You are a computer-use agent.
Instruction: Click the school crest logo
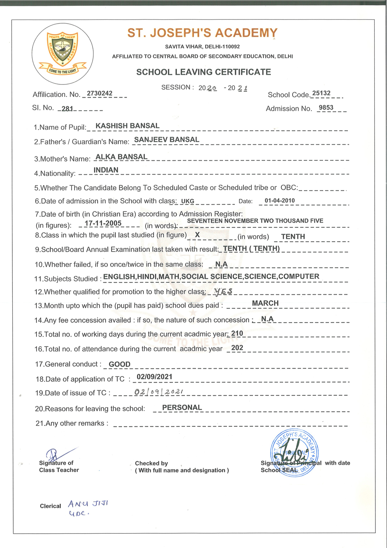tap(62, 53)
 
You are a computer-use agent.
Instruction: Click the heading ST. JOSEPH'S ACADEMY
tap(202, 33)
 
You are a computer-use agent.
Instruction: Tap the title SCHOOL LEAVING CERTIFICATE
tap(204, 72)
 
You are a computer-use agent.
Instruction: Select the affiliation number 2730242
tap(99, 93)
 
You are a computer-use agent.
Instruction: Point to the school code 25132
tap(321, 93)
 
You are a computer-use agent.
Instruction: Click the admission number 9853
tap(326, 108)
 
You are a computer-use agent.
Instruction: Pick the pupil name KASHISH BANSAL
tap(127, 126)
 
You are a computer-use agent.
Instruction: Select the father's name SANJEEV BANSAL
tap(166, 140)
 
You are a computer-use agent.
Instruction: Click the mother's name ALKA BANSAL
tap(121, 157)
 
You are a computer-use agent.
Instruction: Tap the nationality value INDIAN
tap(106, 170)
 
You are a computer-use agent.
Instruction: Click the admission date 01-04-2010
tap(279, 201)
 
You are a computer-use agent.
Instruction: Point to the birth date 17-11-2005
tap(103, 223)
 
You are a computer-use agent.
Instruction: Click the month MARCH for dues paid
tap(265, 303)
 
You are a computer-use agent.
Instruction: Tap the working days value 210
tap(237, 333)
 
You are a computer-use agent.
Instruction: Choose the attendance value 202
tap(237, 348)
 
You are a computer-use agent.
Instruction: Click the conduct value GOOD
tap(119, 364)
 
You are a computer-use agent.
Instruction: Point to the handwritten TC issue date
tap(159, 392)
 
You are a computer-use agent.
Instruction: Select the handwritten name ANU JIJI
tap(88, 504)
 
